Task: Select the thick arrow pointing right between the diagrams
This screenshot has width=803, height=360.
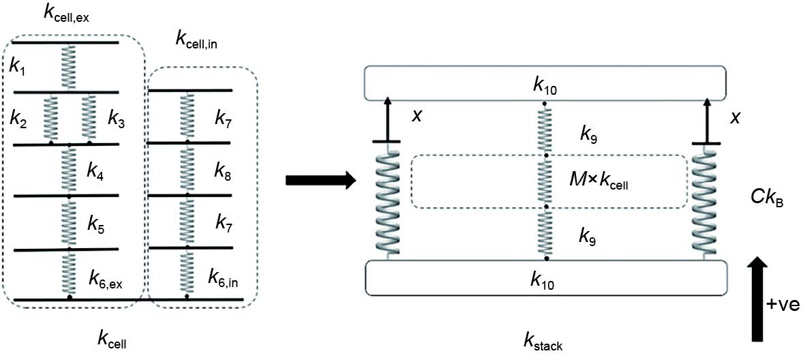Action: point(320,181)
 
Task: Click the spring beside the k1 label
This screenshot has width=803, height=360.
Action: point(68,67)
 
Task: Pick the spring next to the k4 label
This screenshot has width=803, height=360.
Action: point(69,170)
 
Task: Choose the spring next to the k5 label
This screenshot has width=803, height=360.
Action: point(69,222)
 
